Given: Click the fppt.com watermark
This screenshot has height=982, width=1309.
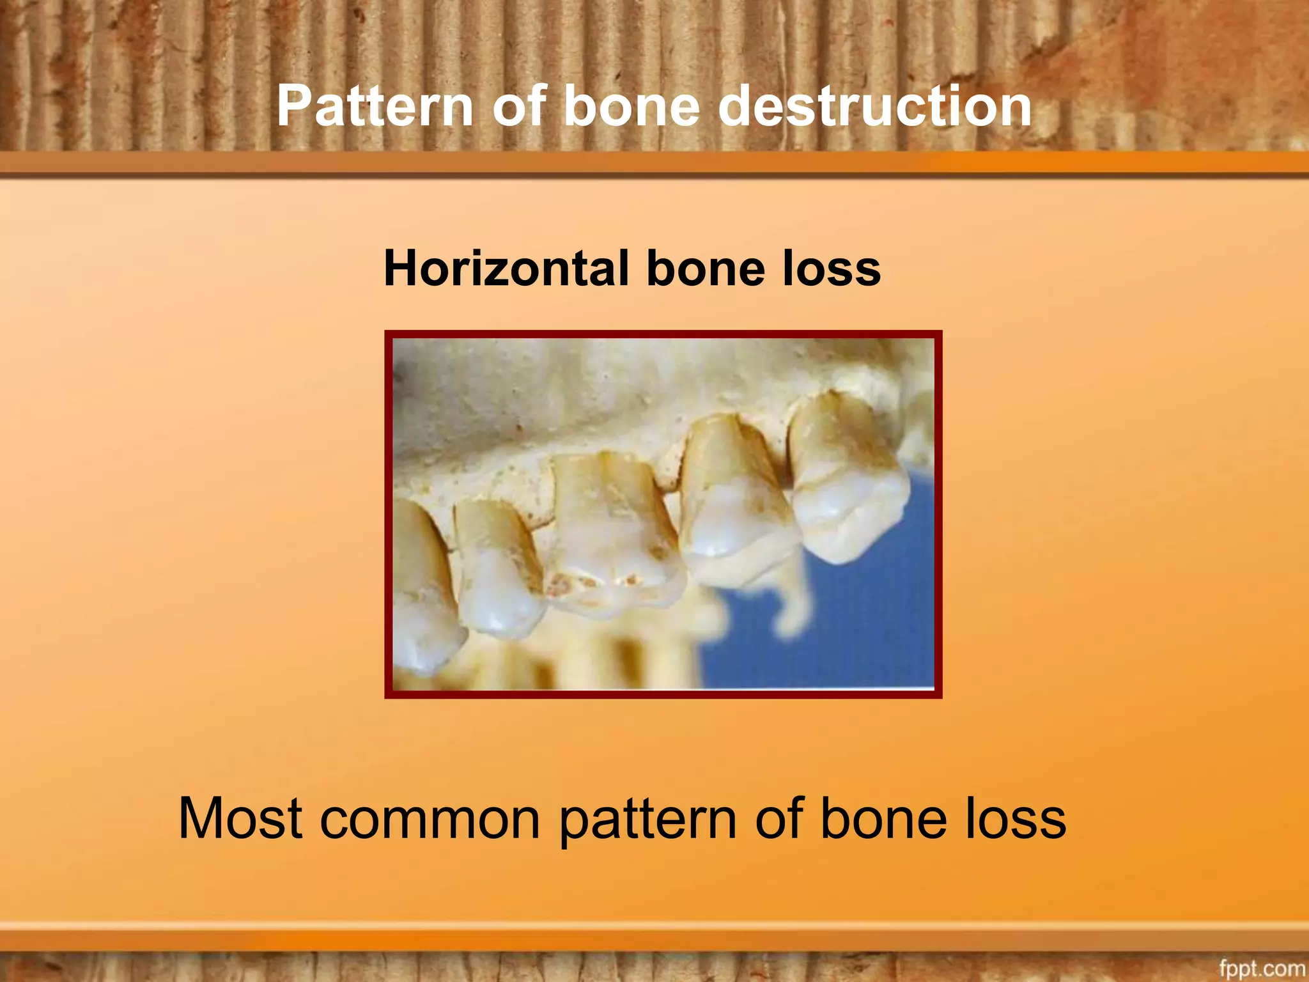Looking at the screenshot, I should (1261, 969).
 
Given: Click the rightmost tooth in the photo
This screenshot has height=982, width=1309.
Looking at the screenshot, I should (847, 479).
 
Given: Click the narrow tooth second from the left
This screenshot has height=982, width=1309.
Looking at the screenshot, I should (495, 569).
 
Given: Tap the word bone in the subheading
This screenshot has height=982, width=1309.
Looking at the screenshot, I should (706, 269).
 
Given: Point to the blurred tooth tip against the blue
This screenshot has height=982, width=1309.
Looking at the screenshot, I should (793, 607).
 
